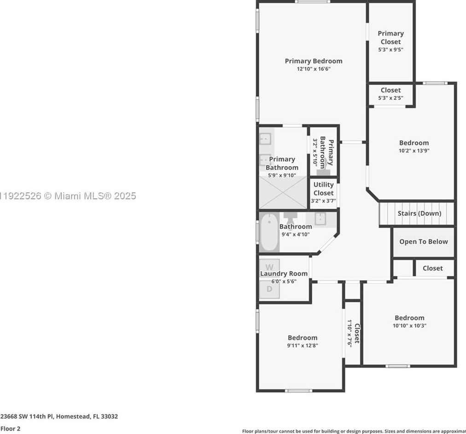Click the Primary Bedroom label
[313, 61]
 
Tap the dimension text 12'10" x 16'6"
[313, 69]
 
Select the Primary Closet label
[390, 37]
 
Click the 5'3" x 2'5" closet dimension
[390, 98]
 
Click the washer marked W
[269, 267]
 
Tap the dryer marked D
[269, 289]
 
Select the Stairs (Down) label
[419, 213]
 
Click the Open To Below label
[423, 242]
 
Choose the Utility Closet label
[323, 188]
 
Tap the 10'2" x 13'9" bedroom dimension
[414, 150]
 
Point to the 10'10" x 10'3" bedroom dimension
[409, 325]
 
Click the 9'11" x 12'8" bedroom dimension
[303, 345]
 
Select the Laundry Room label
[284, 273]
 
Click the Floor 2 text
[11, 428]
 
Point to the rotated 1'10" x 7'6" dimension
[349, 332]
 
